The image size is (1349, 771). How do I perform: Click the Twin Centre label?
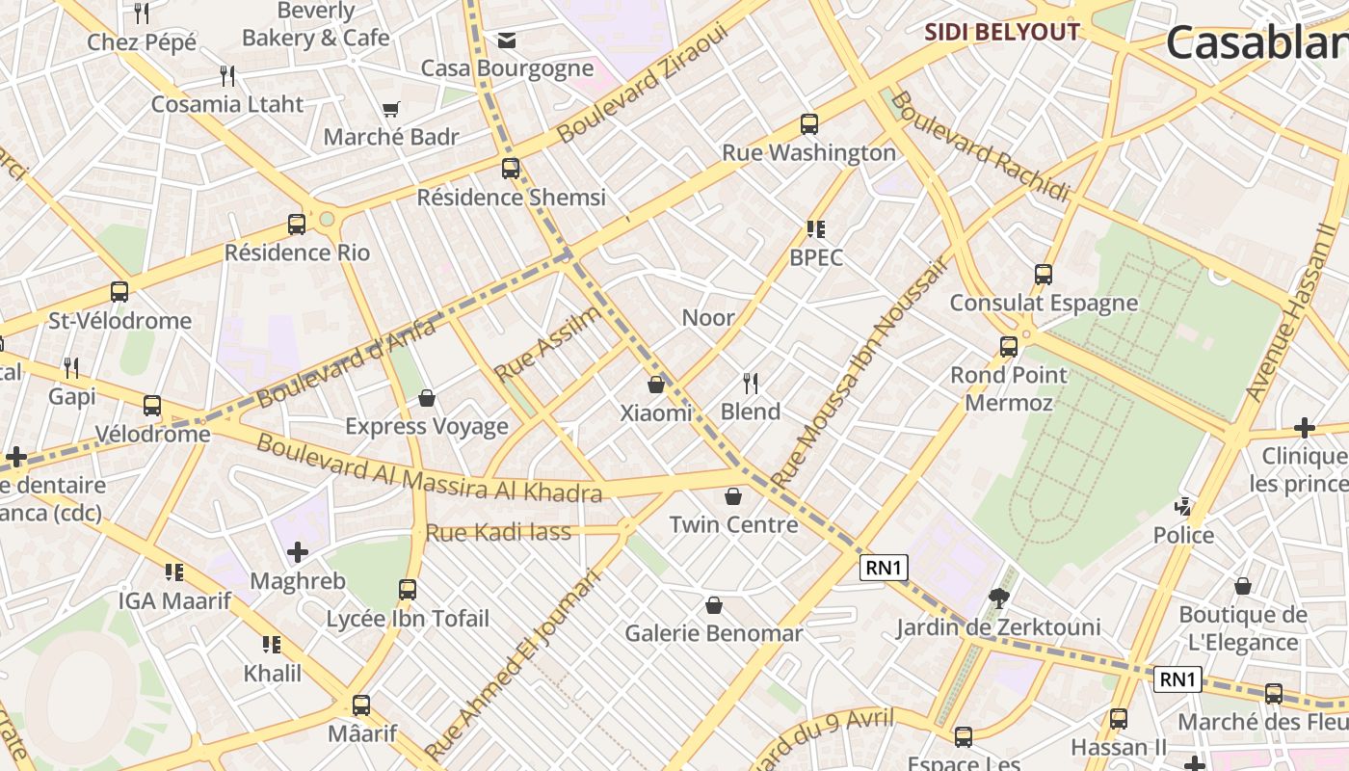click(733, 524)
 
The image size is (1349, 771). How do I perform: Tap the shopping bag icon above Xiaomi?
click(656, 385)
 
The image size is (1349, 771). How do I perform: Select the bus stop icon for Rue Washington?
click(809, 124)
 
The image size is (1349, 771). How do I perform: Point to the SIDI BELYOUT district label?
click(1002, 32)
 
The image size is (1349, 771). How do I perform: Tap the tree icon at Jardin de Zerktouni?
click(999, 598)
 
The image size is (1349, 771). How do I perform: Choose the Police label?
click(1183, 535)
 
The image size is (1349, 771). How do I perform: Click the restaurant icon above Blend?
click(751, 384)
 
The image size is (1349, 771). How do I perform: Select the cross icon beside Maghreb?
click(298, 552)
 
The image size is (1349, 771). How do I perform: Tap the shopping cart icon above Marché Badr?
click(390, 110)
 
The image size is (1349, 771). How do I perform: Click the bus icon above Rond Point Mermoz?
click(1009, 347)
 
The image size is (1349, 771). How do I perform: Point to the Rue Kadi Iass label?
click(498, 532)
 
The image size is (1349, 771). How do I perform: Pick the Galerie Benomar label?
click(713, 633)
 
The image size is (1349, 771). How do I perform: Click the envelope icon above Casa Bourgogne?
click(507, 40)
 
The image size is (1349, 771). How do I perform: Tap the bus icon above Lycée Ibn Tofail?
click(408, 590)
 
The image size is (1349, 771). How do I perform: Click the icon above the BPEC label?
click(816, 229)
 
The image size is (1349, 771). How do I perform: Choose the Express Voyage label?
click(426, 426)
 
